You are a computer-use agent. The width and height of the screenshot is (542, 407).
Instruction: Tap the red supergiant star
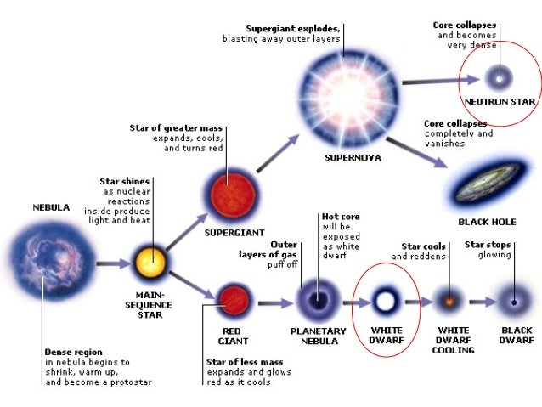coord(229,190)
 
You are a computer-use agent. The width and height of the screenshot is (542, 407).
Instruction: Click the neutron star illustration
coord(498,78)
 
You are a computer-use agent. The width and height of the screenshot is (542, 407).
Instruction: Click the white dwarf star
coord(385,301)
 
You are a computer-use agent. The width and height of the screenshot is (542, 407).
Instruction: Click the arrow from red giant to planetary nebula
coord(271,301)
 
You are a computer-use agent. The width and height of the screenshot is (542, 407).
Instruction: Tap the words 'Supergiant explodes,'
coord(294,28)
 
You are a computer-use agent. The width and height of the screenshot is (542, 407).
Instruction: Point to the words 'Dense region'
coord(73,351)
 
